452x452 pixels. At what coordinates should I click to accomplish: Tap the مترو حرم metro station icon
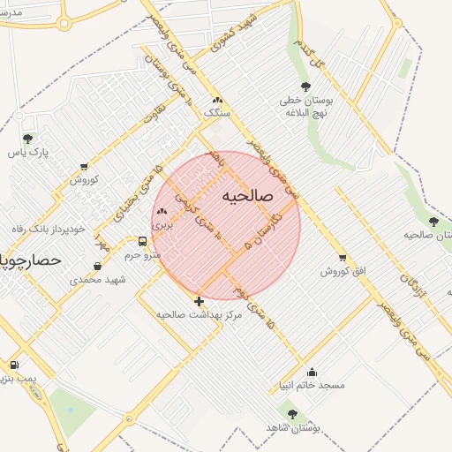(x=142, y=241)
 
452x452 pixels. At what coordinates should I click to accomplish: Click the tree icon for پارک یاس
(x=27, y=139)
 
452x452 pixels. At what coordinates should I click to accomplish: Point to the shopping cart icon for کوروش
(x=84, y=166)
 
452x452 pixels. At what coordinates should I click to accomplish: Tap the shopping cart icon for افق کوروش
(x=342, y=258)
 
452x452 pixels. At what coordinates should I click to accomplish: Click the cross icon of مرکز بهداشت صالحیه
(x=198, y=301)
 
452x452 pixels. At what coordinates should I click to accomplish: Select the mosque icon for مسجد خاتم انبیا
(x=311, y=372)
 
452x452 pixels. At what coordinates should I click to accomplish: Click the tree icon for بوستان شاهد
(x=292, y=413)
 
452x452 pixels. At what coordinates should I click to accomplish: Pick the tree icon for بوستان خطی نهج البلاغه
(x=305, y=87)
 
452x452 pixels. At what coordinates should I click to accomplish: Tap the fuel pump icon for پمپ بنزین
(x=13, y=365)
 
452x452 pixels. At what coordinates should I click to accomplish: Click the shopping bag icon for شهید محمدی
(x=97, y=266)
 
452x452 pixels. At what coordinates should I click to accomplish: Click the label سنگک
(x=215, y=114)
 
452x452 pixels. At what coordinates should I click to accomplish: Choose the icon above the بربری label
(x=162, y=212)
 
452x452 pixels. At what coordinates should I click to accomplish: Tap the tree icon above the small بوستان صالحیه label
(x=433, y=222)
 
